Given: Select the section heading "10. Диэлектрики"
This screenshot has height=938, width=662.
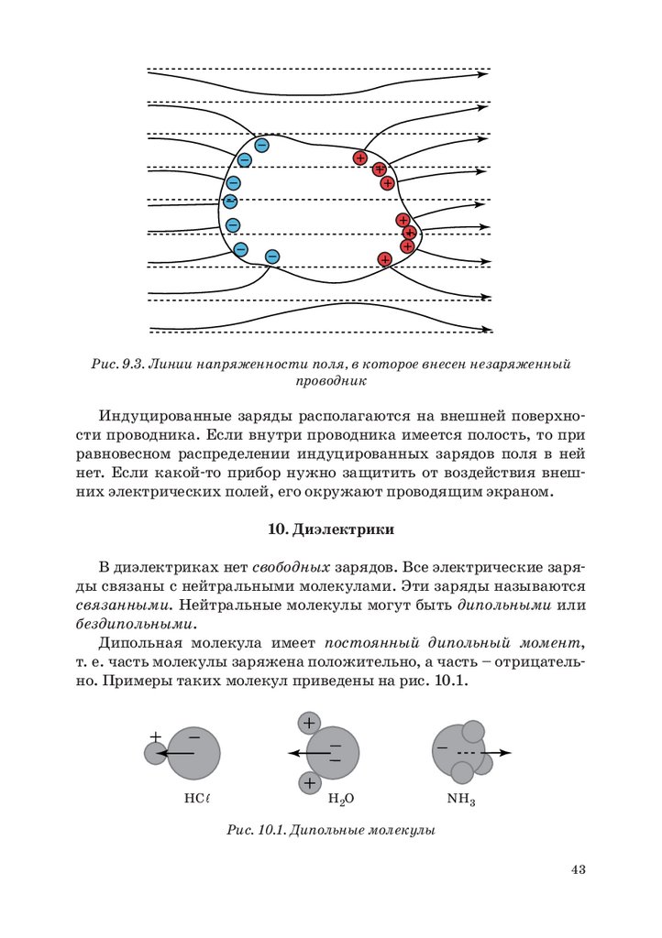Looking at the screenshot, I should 330,529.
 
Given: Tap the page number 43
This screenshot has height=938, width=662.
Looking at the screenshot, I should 578,869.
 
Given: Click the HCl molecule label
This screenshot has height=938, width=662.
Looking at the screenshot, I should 197,798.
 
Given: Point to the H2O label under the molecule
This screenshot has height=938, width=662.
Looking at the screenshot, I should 341,799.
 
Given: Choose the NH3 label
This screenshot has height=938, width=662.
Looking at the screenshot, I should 461,799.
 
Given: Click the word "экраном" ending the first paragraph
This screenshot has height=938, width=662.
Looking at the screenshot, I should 522,493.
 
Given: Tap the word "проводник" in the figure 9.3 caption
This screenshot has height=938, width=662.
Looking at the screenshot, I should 331,380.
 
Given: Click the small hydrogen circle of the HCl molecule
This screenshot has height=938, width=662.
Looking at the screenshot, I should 155,753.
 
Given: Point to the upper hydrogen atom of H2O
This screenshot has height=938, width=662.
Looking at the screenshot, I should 309,723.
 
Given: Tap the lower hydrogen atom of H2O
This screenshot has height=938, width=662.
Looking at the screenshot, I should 309,783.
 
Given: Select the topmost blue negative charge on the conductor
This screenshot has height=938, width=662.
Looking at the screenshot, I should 261,145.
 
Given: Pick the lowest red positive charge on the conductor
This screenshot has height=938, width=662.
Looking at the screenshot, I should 385,259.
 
